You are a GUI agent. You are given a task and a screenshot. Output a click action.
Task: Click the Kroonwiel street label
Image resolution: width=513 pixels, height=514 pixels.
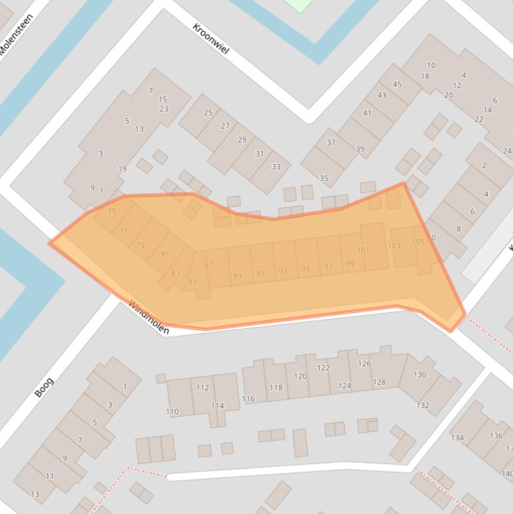coord(211,38)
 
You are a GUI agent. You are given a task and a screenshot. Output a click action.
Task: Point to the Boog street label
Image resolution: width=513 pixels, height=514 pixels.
coord(44,387)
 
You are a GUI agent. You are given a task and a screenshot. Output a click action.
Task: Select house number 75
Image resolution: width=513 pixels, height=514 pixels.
coord(111,211)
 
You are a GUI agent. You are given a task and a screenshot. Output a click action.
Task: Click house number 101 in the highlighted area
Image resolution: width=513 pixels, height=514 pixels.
coord(363,250)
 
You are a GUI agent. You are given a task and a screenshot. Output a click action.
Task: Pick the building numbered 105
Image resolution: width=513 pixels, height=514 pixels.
coord(418,242)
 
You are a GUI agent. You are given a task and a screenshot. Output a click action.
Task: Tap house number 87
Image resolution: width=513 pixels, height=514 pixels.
coord(209,265)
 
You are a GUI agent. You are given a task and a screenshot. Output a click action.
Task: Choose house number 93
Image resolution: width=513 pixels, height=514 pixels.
coord(283,271)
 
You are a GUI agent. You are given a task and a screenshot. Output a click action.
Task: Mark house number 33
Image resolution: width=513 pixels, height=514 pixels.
coord(276,166)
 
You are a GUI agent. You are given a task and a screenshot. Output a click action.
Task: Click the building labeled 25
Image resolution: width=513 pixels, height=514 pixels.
coord(208,112)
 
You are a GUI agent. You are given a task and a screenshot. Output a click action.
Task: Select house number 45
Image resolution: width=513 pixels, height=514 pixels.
coord(397,84)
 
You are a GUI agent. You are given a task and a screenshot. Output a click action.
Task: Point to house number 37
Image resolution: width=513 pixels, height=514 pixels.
coord(331,142)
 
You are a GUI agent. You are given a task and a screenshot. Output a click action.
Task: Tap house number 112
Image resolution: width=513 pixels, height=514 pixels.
coord(203,387)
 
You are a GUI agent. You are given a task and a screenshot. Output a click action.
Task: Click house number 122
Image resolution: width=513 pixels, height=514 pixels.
coord(324,368)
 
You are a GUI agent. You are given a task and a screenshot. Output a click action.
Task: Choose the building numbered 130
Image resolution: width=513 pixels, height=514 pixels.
coord(419,374)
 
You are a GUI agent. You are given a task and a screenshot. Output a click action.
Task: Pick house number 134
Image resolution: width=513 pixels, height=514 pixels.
coord(457,438)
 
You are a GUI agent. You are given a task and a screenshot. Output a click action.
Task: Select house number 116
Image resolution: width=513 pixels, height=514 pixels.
coord(248,399)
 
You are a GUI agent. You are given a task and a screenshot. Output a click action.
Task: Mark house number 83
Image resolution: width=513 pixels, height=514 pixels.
coord(175,273)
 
